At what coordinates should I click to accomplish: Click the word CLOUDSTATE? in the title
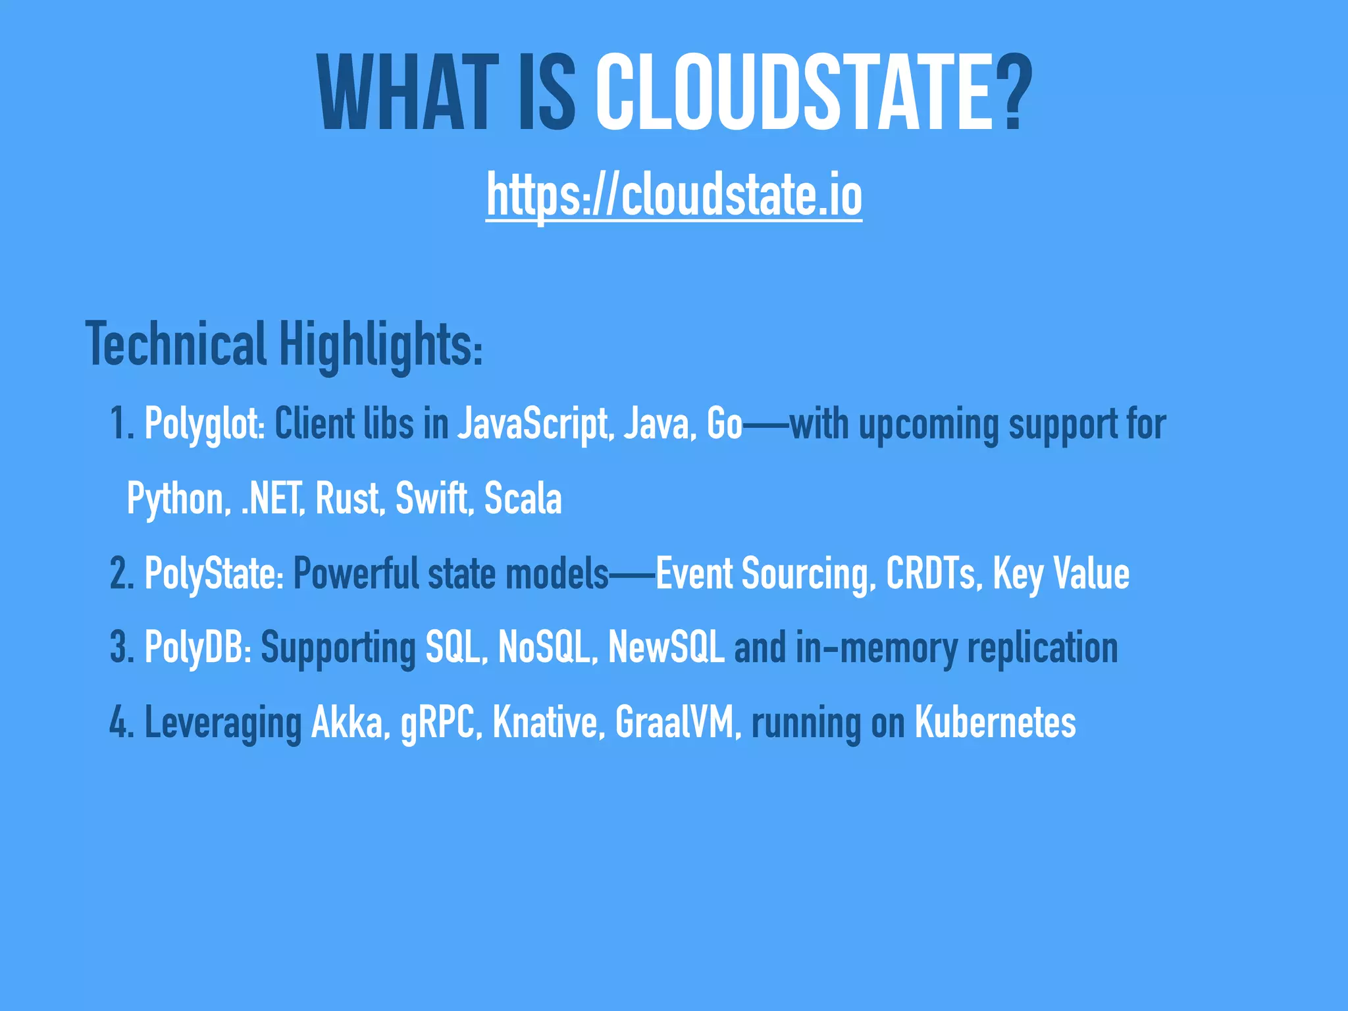coord(814,93)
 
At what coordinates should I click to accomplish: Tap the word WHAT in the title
coord(408,93)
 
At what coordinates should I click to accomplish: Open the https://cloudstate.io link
coord(674,195)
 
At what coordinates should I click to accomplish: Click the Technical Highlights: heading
coord(284,345)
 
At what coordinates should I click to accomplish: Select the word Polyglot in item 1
coord(203,424)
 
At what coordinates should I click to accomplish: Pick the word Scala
coord(523,498)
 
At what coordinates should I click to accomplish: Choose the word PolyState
coord(213,573)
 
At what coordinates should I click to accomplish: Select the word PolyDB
coord(196,648)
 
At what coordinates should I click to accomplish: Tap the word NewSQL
coord(666,648)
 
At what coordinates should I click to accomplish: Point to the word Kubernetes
coord(995,723)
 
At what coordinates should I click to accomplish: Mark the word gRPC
coord(437,723)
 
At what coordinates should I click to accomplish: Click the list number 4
coord(121,723)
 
